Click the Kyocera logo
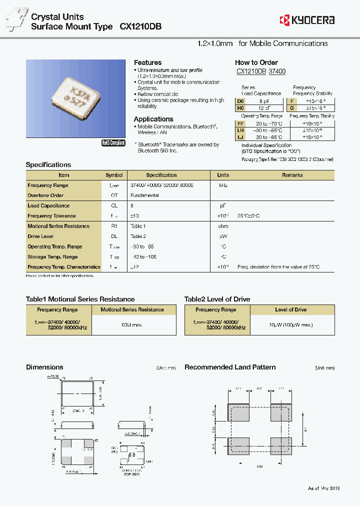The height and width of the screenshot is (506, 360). coord(307,20)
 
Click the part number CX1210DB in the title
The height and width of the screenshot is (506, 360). coord(140,27)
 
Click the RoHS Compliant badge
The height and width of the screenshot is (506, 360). coord(113,142)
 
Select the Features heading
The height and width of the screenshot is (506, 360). coord(147,62)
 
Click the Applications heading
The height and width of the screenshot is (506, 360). coord(153,119)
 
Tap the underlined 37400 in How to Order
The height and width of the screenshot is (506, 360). coord(277,71)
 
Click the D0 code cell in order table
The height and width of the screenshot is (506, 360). coord(240,100)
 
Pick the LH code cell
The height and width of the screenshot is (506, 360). coord(240,130)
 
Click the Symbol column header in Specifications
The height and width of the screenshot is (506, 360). coord(114,175)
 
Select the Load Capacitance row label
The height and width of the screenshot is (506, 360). coord(48,205)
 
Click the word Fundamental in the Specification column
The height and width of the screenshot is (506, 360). coord(144,195)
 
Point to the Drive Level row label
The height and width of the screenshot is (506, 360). coord(40,236)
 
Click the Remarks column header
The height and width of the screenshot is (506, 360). coord(292,175)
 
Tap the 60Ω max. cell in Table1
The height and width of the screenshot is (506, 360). coord(132,325)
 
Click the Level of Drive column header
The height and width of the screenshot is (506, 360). coord(291,309)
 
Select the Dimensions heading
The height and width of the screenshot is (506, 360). coord(44,367)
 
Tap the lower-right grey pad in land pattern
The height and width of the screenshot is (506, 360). coord(280,445)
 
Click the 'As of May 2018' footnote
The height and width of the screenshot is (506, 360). coord(323,488)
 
